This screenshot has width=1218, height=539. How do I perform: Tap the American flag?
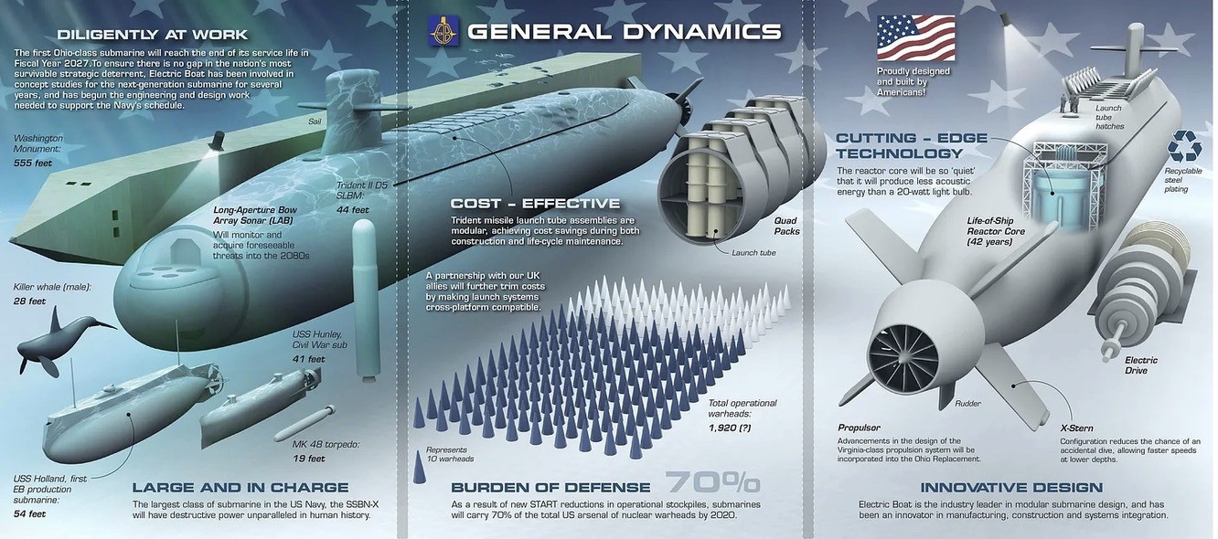point(915,39)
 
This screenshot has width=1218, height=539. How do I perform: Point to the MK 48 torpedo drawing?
point(306,424)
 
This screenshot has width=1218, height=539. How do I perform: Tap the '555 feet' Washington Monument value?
point(34,162)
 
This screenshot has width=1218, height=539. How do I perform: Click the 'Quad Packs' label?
point(786,226)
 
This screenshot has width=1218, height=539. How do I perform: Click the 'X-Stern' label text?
point(1076,428)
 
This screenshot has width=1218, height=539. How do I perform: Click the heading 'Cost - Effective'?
point(535,203)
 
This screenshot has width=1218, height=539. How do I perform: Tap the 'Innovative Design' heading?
point(1010,487)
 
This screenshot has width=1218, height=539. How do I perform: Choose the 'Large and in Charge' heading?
point(240,487)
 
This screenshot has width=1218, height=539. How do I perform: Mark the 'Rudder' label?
point(968,403)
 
